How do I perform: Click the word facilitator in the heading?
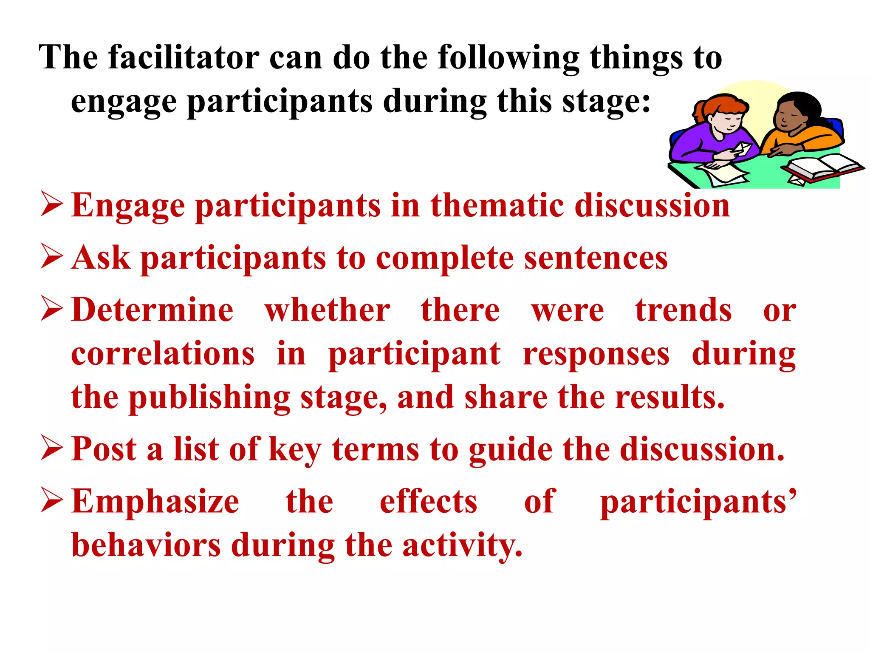tap(184, 57)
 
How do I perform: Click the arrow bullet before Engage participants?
tap(52, 204)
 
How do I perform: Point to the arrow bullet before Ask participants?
tap(52, 257)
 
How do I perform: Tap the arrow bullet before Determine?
tap(52, 309)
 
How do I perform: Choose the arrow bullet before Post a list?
tap(52, 448)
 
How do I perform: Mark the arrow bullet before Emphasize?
tap(52, 500)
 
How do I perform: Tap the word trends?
tap(684, 310)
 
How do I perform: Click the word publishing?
tap(209, 398)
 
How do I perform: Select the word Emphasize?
tap(155, 502)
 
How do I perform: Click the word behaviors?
tap(146, 545)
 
